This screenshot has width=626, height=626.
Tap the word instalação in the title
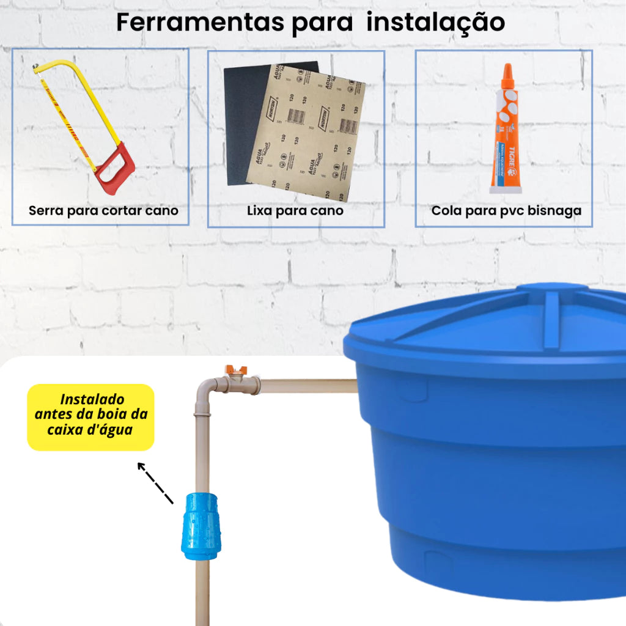point(438,23)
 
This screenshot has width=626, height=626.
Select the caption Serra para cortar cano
point(103,211)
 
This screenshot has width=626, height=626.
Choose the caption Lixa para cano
point(295,211)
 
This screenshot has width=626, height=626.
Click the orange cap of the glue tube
point(506,76)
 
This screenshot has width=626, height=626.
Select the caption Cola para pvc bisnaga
point(506,211)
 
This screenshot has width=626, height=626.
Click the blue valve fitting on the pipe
point(202,526)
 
